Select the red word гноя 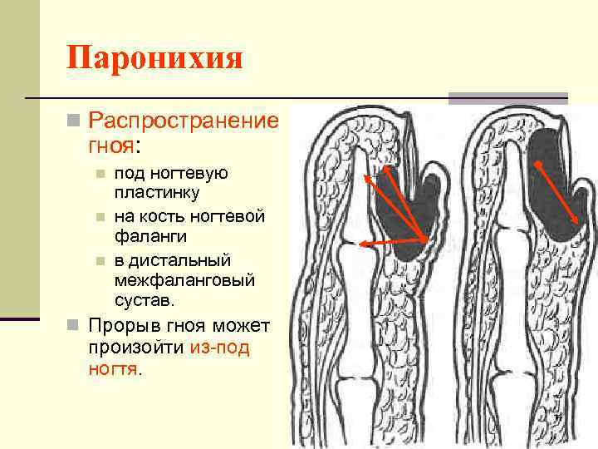110,147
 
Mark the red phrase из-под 218,347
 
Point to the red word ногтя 113,368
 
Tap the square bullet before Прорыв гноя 74,325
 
